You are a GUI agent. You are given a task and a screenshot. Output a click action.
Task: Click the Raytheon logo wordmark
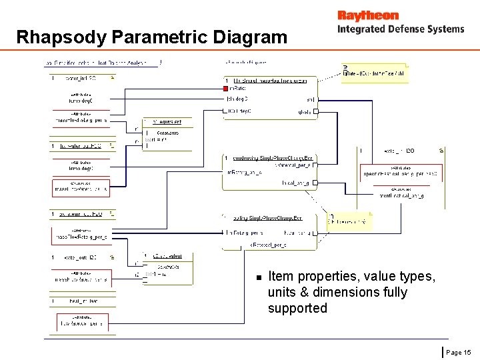coord(367,15)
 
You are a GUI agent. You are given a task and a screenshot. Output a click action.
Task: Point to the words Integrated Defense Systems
coord(400,29)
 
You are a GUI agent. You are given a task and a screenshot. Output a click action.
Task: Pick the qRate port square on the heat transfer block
coord(316,111)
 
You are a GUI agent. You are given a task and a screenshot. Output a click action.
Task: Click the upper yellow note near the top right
coord(375,72)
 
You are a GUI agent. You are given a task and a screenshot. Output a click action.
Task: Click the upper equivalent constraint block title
coord(163,122)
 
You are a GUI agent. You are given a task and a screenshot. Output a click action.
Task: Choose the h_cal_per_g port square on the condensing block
coord(315,183)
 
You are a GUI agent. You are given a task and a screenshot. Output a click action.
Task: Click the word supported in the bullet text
coord(297,308)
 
